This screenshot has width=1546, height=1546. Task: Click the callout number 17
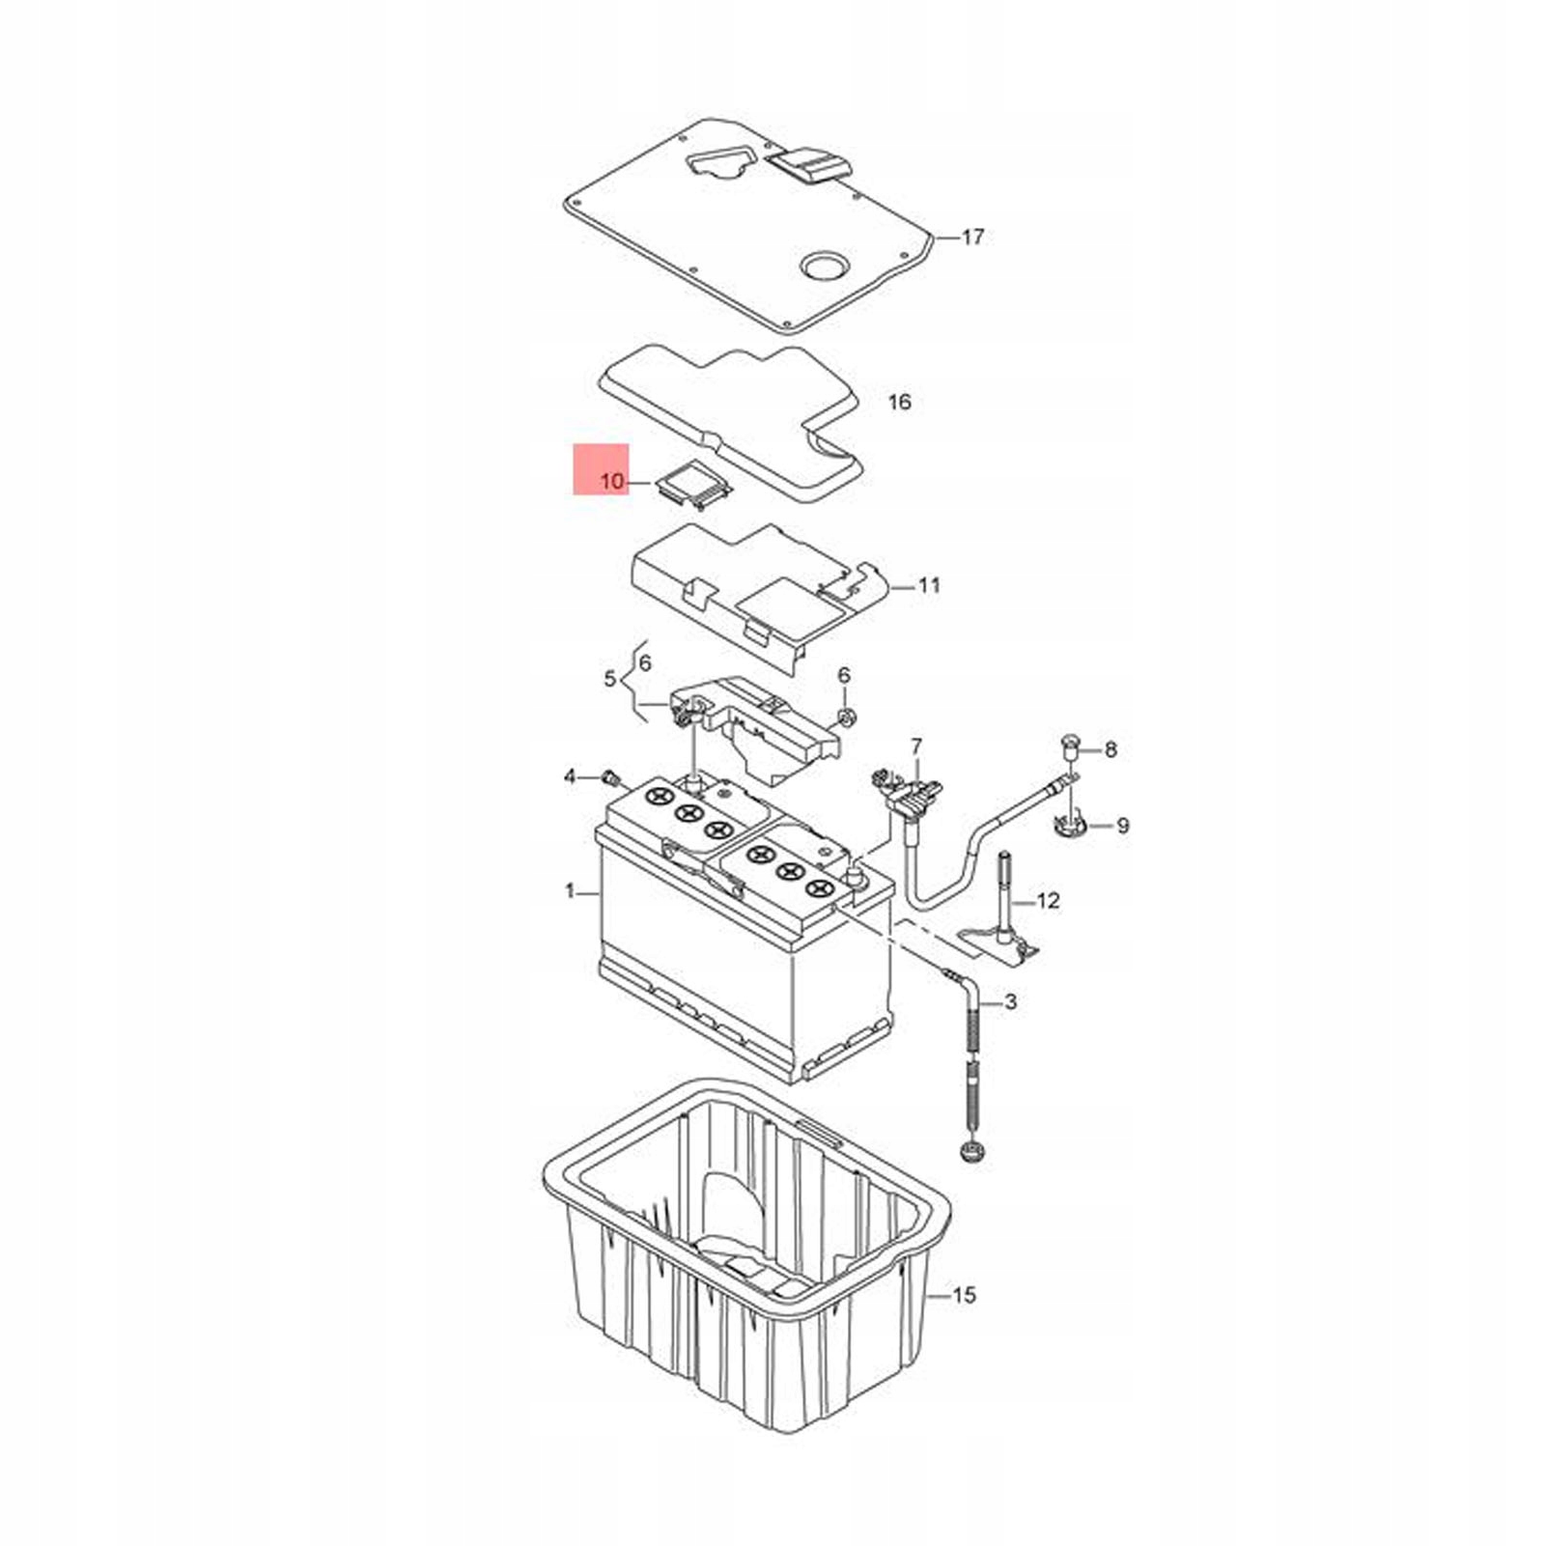click(x=972, y=237)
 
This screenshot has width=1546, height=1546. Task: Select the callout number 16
click(x=899, y=402)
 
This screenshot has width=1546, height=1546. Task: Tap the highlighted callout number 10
click(x=612, y=480)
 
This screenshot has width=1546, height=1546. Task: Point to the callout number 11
click(x=928, y=585)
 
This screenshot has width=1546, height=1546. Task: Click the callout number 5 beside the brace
click(x=609, y=679)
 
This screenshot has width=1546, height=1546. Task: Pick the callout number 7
click(x=915, y=746)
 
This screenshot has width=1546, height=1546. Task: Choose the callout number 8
click(x=1110, y=749)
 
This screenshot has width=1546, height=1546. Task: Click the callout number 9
click(x=1122, y=826)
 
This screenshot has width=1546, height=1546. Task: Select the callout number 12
click(x=1048, y=901)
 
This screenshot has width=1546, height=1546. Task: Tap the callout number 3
click(x=1010, y=1001)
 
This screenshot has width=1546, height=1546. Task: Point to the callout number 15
click(x=965, y=1295)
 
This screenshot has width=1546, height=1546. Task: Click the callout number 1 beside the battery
click(x=570, y=890)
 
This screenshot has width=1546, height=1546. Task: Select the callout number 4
click(x=570, y=777)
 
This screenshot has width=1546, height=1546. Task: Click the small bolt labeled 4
click(x=609, y=777)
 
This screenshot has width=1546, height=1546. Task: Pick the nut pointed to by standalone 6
click(x=846, y=717)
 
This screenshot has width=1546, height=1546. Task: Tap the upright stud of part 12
click(x=1006, y=903)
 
